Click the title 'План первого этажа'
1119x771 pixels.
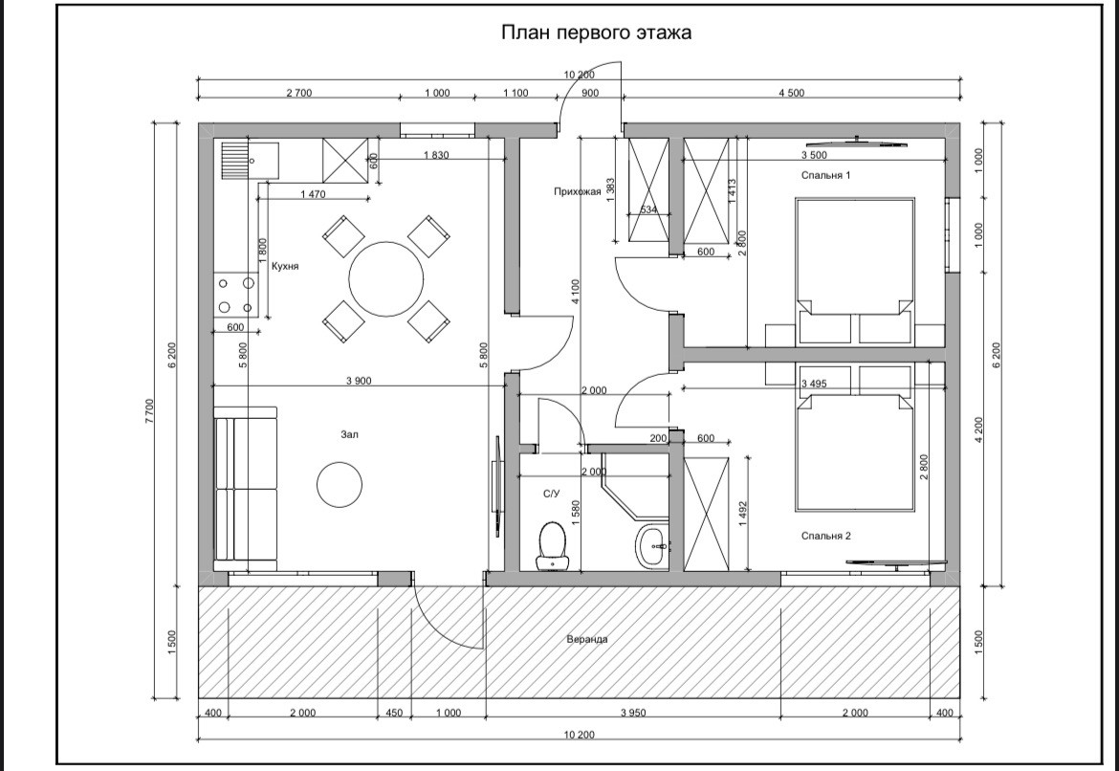pyautogui.click(x=596, y=33)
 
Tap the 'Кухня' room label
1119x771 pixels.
pyautogui.click(x=285, y=266)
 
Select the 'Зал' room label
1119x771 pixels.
pyautogui.click(x=350, y=434)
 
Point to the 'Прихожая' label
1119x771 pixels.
pyautogui.click(x=578, y=191)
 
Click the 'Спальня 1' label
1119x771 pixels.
pyautogui.click(x=825, y=175)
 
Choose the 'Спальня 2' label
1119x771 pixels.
pyautogui.click(x=825, y=536)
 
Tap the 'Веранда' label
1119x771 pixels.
pyautogui.click(x=587, y=639)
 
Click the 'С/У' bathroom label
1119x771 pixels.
pyautogui.click(x=551, y=494)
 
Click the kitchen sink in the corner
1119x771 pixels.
pyautogui.click(x=249, y=161)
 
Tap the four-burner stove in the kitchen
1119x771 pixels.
pyautogui.click(x=235, y=295)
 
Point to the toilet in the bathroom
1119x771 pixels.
pyautogui.click(x=552, y=546)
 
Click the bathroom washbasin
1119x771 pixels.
pyautogui.click(x=651, y=547)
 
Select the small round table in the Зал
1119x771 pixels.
pyautogui.click(x=340, y=484)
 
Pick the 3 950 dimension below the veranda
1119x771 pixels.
pyautogui.click(x=633, y=713)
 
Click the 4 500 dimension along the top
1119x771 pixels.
pyautogui.click(x=791, y=93)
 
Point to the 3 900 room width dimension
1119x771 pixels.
pyautogui.click(x=359, y=381)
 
